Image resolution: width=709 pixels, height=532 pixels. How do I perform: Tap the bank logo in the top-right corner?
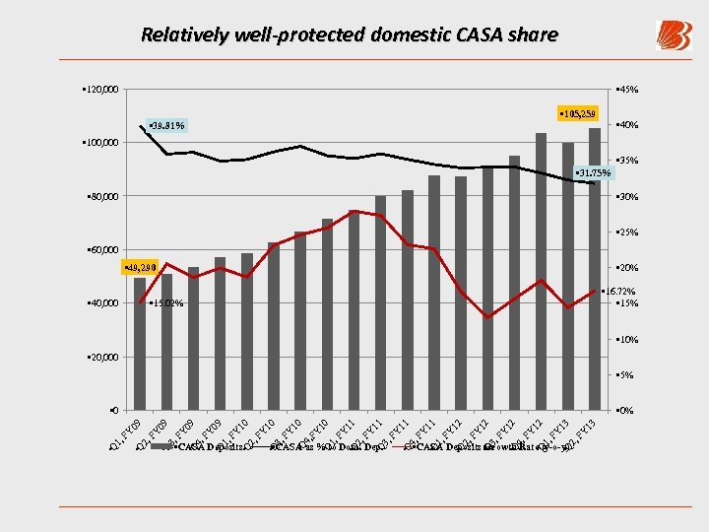(x=673, y=36)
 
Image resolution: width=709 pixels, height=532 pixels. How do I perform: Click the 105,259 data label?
(x=577, y=114)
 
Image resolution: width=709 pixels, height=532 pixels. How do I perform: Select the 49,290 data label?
(x=140, y=268)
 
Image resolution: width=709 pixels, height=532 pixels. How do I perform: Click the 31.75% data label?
(x=592, y=173)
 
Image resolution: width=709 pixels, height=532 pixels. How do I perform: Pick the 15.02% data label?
(x=164, y=302)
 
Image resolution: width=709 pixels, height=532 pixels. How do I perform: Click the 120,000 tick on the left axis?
(x=99, y=91)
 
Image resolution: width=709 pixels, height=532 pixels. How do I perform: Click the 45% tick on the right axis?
(x=627, y=90)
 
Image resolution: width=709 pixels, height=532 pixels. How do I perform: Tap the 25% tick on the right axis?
(x=627, y=233)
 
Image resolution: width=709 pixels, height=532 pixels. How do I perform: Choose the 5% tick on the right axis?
(x=625, y=374)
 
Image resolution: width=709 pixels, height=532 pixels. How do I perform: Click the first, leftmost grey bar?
(x=140, y=345)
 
